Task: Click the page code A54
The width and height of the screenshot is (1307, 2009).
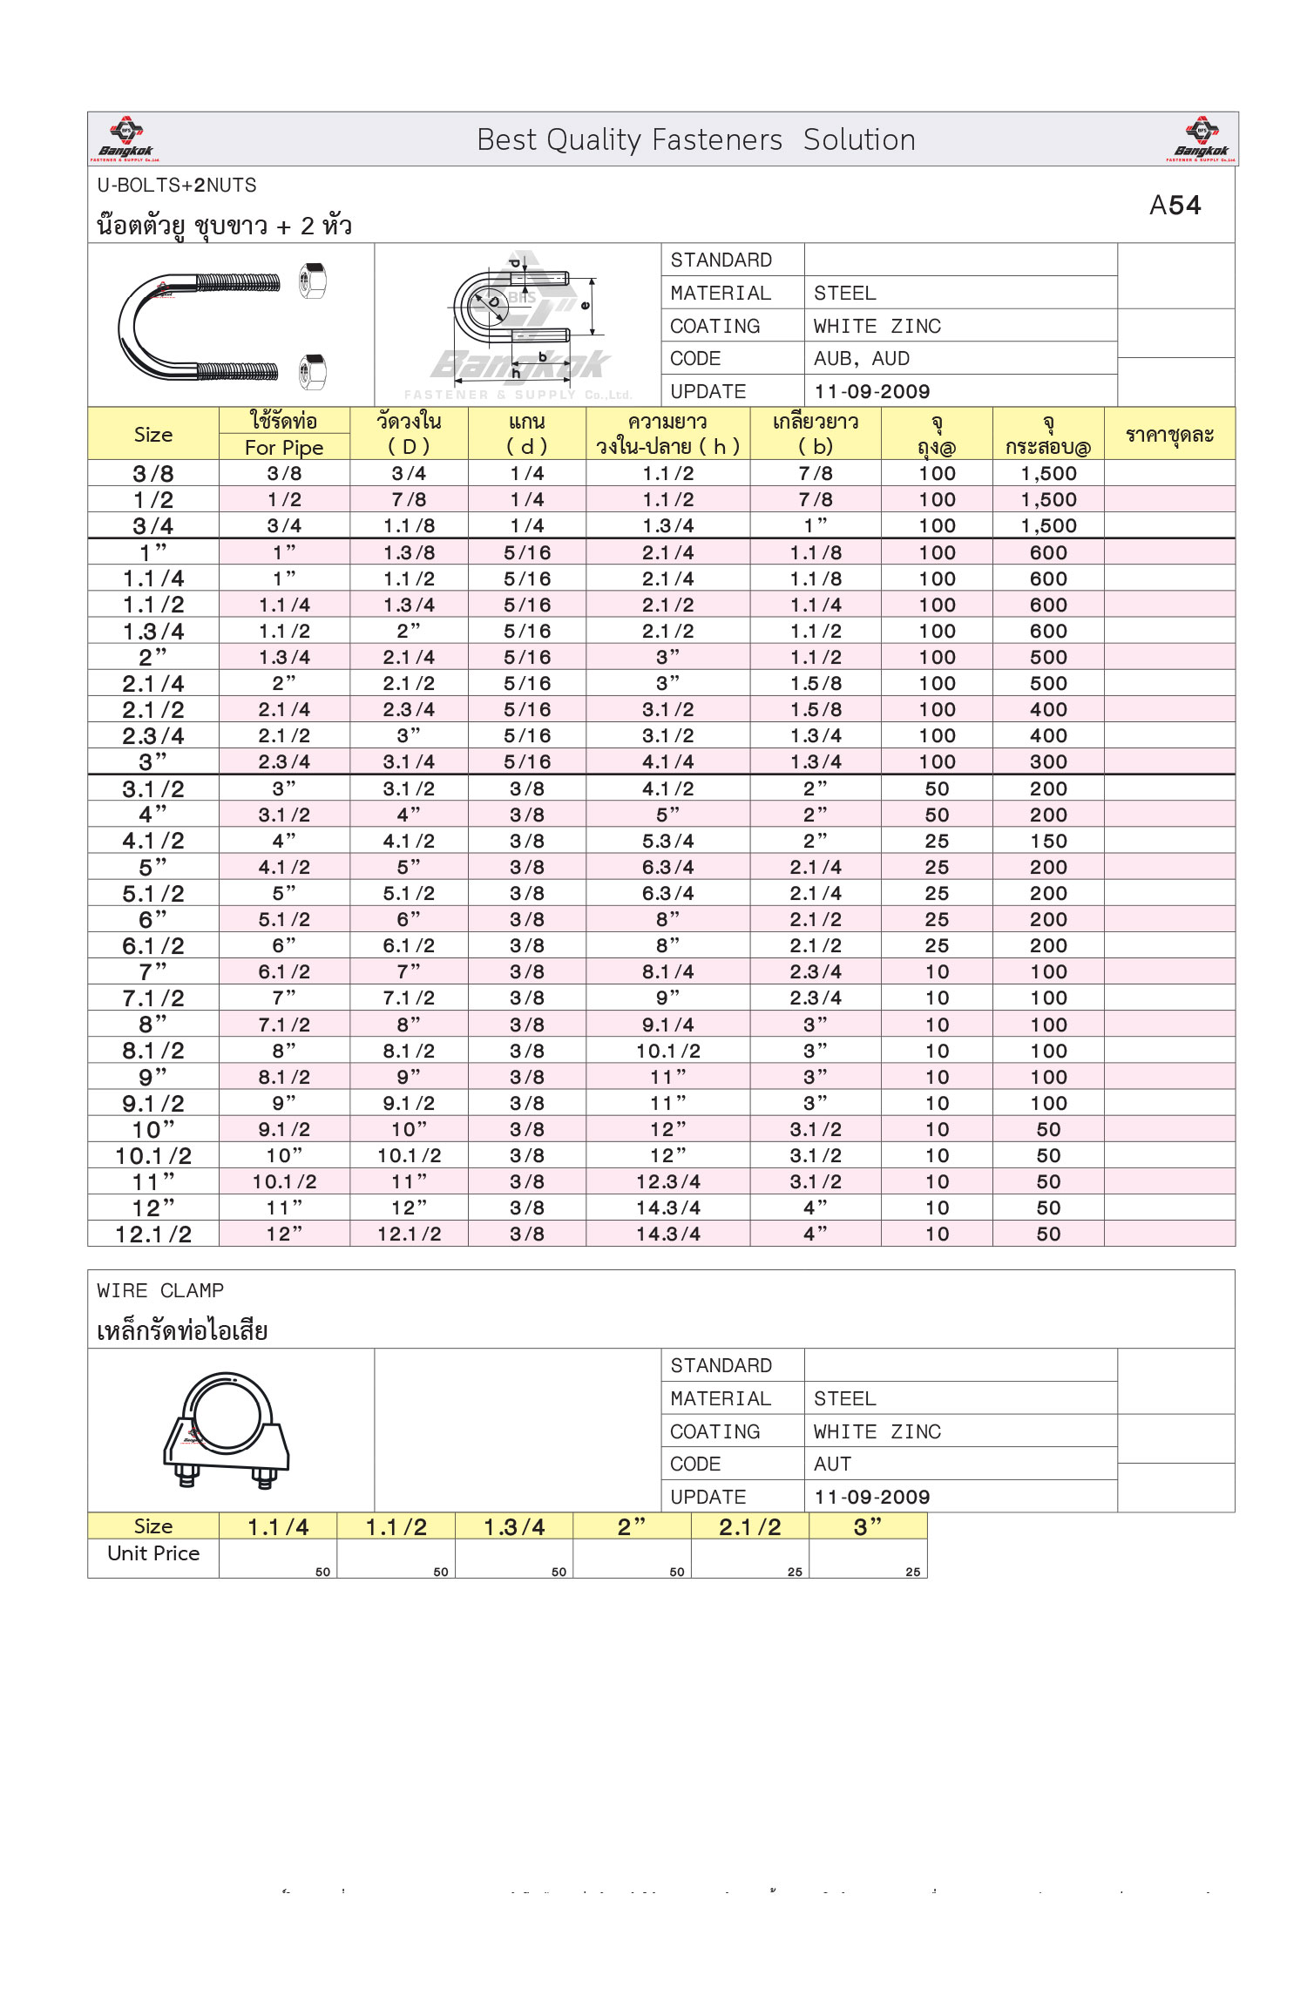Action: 1175,206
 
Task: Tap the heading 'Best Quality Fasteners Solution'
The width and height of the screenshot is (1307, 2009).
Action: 695,140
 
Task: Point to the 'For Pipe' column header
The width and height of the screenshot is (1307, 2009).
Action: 284,448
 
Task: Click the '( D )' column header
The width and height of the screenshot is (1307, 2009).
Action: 409,447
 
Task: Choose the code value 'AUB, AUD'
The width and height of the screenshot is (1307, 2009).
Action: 861,359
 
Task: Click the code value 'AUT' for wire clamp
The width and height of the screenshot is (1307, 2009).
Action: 832,1464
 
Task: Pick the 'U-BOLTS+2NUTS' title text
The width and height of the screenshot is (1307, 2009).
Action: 177,186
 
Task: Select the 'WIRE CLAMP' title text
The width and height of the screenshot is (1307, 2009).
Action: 160,1290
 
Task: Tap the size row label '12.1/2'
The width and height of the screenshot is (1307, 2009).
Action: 153,1234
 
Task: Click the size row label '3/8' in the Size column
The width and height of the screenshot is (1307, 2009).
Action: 153,474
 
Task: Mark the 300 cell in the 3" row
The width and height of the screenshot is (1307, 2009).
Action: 1048,762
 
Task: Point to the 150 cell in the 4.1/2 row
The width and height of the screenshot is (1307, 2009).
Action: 1048,842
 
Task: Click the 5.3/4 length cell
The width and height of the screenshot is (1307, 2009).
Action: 667,842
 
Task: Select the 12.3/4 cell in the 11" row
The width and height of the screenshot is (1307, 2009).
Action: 667,1182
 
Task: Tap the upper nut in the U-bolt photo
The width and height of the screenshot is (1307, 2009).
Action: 312,281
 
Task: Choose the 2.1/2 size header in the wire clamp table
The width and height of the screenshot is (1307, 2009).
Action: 749,1527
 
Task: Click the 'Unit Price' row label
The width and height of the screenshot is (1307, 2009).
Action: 153,1553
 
